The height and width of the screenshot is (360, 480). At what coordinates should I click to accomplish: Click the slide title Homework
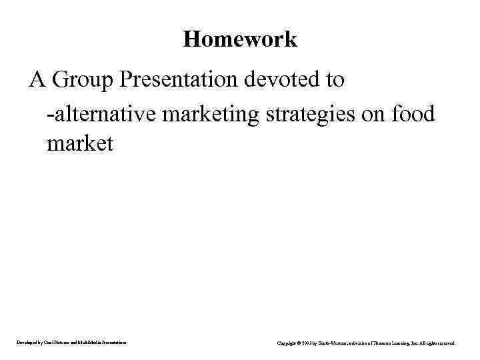pos(240,39)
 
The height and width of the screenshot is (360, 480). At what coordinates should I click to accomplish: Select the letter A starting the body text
pos(37,80)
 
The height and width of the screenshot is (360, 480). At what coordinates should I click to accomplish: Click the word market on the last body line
pos(80,143)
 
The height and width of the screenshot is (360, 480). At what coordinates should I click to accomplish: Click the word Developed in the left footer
pos(27,343)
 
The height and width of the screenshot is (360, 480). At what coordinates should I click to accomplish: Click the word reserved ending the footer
pos(446,343)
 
